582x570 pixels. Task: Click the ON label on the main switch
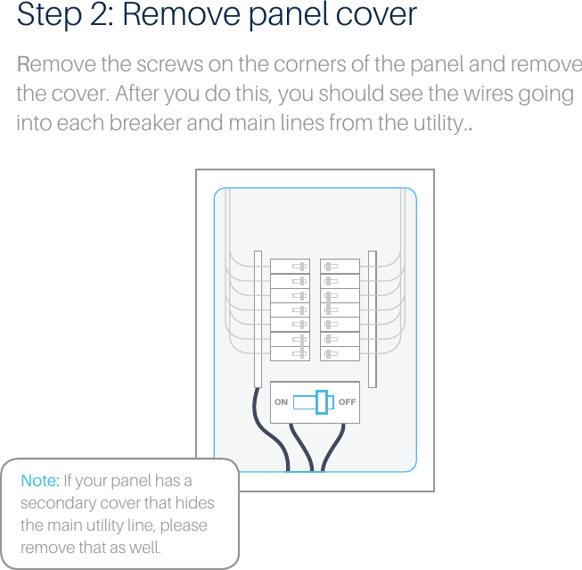[x=281, y=402]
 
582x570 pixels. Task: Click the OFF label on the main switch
[x=347, y=402]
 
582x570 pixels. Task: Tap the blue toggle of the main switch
[x=322, y=402]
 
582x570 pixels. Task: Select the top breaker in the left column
[x=290, y=266]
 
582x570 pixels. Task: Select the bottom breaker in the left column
[x=290, y=353]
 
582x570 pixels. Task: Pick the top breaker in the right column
[x=340, y=266]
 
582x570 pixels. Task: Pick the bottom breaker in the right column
[x=340, y=353]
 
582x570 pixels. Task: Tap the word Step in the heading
[x=44, y=15]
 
